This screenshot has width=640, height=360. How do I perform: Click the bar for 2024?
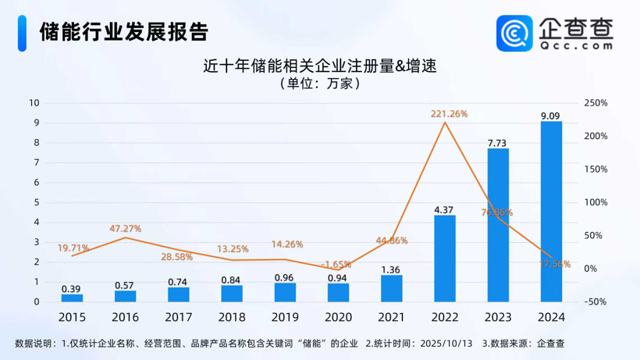pos(551,212)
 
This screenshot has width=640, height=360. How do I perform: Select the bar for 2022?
pos(445,258)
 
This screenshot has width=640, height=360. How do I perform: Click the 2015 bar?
pos(72,298)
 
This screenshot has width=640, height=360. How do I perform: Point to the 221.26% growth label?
pos(449,114)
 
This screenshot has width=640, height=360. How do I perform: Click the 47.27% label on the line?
pos(125,229)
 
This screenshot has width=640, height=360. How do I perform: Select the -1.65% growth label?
pos(336,265)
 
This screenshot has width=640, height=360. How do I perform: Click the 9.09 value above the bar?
pos(550,116)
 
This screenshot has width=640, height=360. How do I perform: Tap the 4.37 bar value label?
pos(444,209)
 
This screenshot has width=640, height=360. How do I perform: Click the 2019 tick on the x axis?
pos(285,317)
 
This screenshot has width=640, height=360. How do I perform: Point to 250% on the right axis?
pos(596,103)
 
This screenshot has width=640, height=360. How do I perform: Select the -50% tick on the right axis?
pos(596,301)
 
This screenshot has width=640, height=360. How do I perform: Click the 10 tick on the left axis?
pos(34,103)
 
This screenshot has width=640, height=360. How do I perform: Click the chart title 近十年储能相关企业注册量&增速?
pos(319,66)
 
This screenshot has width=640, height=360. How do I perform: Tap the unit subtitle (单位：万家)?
pos(319,84)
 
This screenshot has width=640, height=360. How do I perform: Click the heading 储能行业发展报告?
pos(124,31)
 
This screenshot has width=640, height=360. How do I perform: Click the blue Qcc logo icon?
pos(514,34)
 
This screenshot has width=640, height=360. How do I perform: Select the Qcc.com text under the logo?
pos(576,46)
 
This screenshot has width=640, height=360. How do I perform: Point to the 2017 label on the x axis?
pos(178,317)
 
